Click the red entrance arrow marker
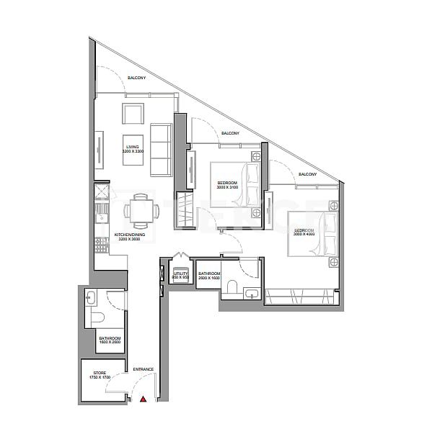coord(144,398)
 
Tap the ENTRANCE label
coord(143,370)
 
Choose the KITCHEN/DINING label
coord(130,235)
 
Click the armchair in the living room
coord(133,114)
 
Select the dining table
coord(137,211)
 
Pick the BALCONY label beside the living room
coord(137,78)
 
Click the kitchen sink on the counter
coord(100,216)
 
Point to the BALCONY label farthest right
coord(308,174)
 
